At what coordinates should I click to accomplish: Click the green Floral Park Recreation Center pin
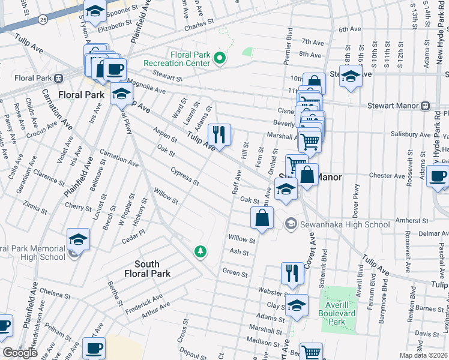coord(220,58)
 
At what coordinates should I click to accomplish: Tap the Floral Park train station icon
coord(59,77)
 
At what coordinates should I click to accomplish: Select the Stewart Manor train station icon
coord(425,106)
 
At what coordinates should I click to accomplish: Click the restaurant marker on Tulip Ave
coord(219,134)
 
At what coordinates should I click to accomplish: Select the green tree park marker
coord(200,251)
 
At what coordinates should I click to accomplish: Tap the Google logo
coord(20,353)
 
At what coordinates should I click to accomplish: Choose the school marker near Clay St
coord(296,305)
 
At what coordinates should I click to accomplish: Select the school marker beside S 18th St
coord(351,76)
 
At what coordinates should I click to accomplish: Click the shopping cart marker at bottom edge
coord(311,352)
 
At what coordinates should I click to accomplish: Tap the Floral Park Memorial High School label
coord(33,253)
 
